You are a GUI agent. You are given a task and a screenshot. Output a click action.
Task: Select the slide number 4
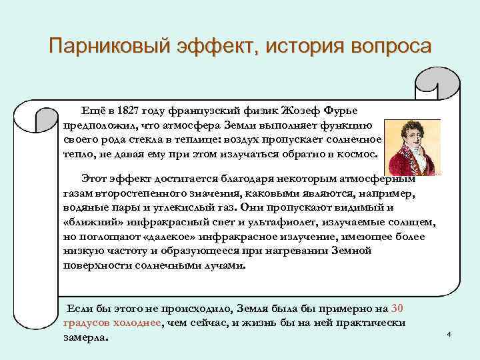tap(449, 333)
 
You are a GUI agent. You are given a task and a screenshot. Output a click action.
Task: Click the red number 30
tap(397, 308)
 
